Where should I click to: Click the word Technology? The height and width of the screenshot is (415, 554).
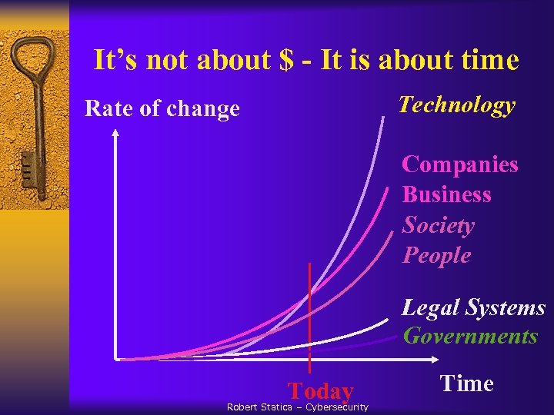[456, 106]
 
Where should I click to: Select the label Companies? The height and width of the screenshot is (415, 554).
[460, 164]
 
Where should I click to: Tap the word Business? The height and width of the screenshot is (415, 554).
[446, 194]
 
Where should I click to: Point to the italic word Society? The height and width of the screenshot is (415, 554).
[438, 225]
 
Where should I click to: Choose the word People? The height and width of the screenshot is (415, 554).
[436, 255]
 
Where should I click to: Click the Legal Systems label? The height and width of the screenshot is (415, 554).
[473, 308]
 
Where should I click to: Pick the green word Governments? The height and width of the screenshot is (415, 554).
[470, 337]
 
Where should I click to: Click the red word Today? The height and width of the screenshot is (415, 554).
[321, 391]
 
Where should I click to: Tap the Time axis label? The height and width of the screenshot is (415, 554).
[466, 383]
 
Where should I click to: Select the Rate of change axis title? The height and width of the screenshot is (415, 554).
[162, 109]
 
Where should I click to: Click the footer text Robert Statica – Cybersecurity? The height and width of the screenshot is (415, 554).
[297, 407]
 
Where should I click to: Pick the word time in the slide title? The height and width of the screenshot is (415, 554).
[489, 60]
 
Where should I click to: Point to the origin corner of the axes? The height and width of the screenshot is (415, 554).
[116, 359]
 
